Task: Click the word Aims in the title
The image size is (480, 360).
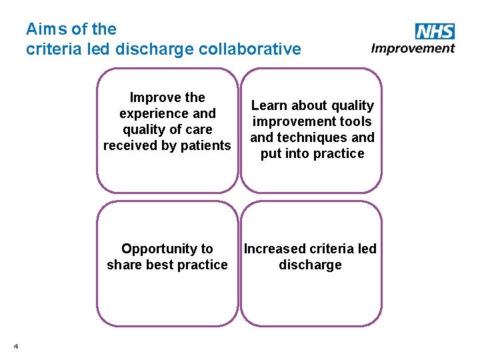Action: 44,29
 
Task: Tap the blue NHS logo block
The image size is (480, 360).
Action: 435,31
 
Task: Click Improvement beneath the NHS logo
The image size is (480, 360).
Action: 413,48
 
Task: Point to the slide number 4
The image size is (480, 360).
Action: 15,345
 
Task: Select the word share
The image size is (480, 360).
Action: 123,265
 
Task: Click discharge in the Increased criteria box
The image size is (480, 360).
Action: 310,265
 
